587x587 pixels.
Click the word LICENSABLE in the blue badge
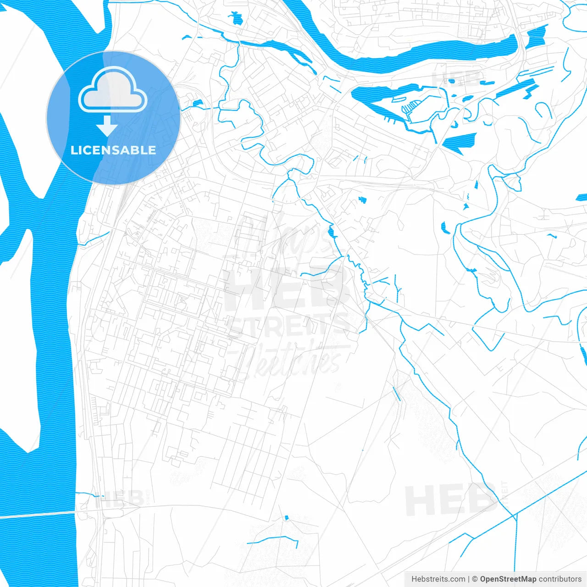(x=113, y=150)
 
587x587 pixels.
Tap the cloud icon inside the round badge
(x=112, y=92)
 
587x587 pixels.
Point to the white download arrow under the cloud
(x=107, y=126)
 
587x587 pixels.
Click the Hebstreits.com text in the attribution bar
(x=438, y=579)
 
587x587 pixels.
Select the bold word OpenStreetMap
(x=508, y=579)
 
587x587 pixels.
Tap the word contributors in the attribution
(x=560, y=579)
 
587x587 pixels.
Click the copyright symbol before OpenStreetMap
(x=475, y=579)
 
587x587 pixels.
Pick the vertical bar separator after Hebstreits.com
(x=469, y=579)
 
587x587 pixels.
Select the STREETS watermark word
(x=289, y=325)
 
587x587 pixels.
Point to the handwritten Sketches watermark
(x=293, y=360)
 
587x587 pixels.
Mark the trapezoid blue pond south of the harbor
(x=461, y=142)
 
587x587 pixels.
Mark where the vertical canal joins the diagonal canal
(x=516, y=515)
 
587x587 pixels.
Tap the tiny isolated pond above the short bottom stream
(x=287, y=518)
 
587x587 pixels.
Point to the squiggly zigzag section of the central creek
(x=355, y=266)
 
